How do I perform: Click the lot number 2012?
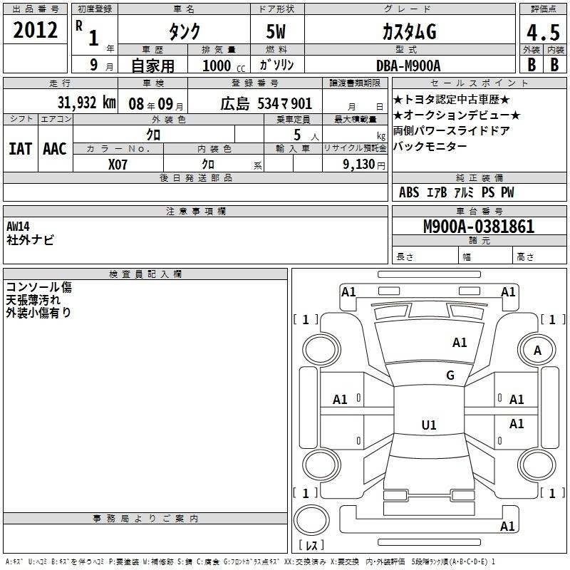click(35, 30)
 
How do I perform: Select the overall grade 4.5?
click(543, 32)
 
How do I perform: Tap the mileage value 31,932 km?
click(86, 103)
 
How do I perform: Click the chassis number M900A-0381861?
click(479, 226)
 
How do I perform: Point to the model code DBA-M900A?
click(408, 66)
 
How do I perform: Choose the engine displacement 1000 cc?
click(224, 66)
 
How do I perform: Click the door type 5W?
click(276, 31)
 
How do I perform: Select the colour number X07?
click(118, 165)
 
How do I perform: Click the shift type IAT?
click(20, 149)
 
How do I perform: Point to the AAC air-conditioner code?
click(55, 149)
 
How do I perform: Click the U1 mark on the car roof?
click(429, 425)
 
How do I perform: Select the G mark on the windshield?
click(450, 375)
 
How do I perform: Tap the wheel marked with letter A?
click(537, 350)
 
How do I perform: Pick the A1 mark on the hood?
click(460, 343)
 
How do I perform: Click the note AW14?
click(18, 227)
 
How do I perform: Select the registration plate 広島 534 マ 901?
click(266, 103)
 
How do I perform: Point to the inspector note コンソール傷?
click(39, 287)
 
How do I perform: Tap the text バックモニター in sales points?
click(430, 147)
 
